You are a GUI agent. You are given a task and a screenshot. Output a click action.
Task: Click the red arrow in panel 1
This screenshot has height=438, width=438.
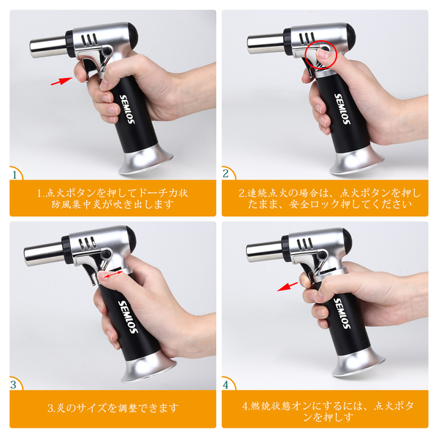(61, 81)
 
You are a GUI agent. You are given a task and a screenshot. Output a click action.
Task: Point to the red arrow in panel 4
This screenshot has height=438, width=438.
(288, 287)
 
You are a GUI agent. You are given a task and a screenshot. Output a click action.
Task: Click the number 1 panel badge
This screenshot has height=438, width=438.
(15, 174)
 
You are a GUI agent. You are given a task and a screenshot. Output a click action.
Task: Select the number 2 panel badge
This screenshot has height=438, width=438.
(226, 174)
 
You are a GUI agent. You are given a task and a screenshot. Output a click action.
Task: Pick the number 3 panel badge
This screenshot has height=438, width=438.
(14, 385)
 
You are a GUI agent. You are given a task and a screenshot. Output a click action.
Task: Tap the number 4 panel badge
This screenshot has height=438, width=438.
(226, 385)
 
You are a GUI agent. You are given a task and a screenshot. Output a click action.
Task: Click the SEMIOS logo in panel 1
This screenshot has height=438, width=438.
(127, 109)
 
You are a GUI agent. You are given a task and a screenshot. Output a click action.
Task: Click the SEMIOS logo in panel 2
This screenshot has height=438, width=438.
(342, 109)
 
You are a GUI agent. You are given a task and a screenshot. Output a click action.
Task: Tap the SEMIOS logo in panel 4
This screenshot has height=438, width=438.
(342, 313)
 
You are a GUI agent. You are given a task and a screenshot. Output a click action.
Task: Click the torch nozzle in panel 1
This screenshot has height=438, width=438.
(48, 47)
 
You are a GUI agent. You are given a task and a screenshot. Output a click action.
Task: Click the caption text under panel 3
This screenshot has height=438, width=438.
(113, 408)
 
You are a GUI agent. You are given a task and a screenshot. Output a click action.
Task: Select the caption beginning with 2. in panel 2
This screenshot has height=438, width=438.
(330, 199)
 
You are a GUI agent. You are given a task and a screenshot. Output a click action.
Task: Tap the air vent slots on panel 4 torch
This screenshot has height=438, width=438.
(305, 244)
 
